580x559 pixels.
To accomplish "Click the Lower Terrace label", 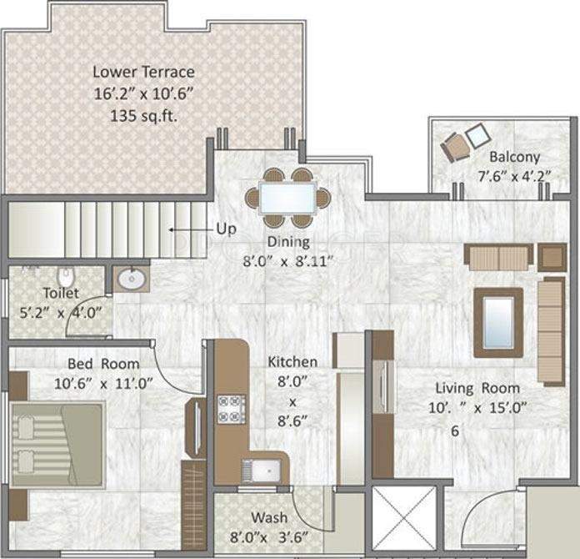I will click(x=144, y=71).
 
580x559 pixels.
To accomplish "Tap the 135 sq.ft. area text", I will click(x=144, y=116).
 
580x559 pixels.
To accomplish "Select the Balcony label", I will click(x=514, y=156).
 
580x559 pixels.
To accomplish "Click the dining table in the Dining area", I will click(x=287, y=199).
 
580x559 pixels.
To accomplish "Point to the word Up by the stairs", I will click(x=226, y=229).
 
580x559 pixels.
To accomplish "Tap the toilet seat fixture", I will click(x=66, y=274).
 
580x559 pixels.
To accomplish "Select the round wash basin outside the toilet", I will click(x=129, y=279).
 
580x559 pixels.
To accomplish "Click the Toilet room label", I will click(x=61, y=293).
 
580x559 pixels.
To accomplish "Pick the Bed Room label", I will click(x=103, y=364).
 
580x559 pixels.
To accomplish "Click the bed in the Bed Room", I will click(x=57, y=444).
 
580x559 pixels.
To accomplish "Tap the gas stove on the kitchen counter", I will click(x=228, y=408).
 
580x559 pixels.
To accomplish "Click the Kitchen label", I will click(x=292, y=362).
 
